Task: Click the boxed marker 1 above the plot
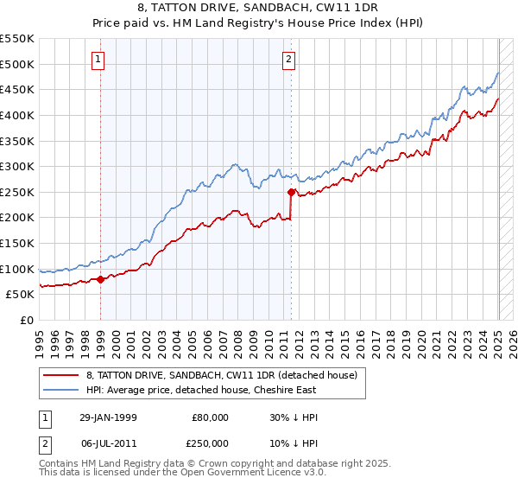pyautogui.click(x=99, y=60)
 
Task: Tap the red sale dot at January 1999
pyautogui.click(x=101, y=278)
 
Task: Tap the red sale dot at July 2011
pyautogui.click(x=292, y=192)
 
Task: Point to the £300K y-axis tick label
pyautogui.click(x=18, y=166)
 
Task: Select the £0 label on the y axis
pyautogui.click(x=27, y=320)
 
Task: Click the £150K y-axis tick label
pyautogui.click(x=18, y=243)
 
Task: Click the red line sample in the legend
pyautogui.click(x=61, y=374)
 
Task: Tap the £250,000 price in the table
pyautogui.click(x=211, y=443)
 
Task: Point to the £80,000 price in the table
pyautogui.click(x=211, y=417)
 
